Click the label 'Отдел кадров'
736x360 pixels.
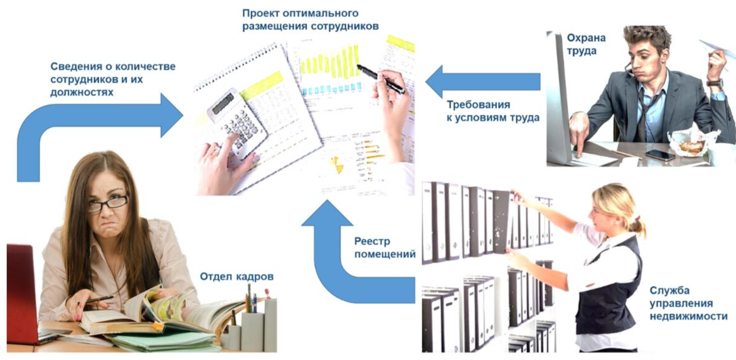(237, 277)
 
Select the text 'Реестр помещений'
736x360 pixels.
(385, 248)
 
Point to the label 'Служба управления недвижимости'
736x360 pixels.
(688, 303)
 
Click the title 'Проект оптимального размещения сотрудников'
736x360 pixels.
(310, 19)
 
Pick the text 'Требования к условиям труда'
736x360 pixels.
(493, 111)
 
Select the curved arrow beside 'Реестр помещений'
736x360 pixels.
(359, 253)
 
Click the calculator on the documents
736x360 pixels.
(238, 125)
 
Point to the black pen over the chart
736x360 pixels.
(381, 79)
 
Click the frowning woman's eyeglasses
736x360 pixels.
(107, 203)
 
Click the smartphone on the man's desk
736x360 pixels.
(660, 155)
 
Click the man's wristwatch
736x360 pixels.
(715, 83)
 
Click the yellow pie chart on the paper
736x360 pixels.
(337, 164)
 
